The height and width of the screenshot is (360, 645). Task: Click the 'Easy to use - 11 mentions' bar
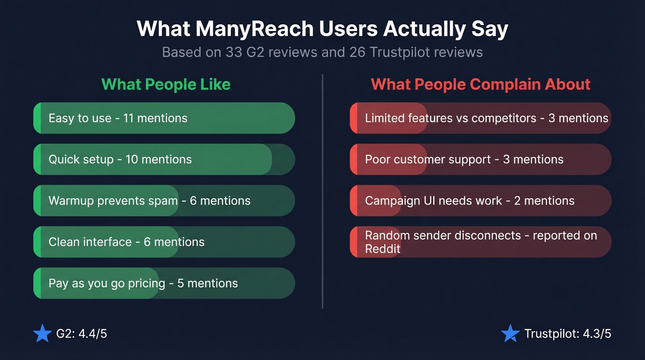pyautogui.click(x=164, y=118)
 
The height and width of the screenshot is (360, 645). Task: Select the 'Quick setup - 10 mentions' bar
pyautogui.click(x=164, y=159)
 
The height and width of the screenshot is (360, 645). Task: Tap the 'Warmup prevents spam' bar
pyautogui.click(x=164, y=201)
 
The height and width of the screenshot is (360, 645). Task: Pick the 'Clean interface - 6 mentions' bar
pyautogui.click(x=164, y=242)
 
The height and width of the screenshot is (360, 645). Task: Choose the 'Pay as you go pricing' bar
pyautogui.click(x=164, y=283)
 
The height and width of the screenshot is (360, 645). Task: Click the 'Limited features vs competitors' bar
pyautogui.click(x=481, y=118)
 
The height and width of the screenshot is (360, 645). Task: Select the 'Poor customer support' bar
pyautogui.click(x=481, y=159)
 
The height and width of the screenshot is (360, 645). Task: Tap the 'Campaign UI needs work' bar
pyautogui.click(x=481, y=201)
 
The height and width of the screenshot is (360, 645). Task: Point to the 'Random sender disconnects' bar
pyautogui.click(x=481, y=242)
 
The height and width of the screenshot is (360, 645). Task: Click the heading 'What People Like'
pyautogui.click(x=166, y=85)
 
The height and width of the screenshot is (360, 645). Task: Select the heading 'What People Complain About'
pyautogui.click(x=481, y=85)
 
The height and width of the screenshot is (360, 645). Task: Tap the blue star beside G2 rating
pyautogui.click(x=42, y=334)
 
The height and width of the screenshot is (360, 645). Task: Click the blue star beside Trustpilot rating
pyautogui.click(x=510, y=334)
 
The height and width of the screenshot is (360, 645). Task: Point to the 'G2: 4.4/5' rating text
pyautogui.click(x=82, y=334)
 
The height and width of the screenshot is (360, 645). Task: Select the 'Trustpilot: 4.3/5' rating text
pyautogui.click(x=568, y=334)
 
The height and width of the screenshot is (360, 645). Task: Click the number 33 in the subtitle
pyautogui.click(x=233, y=52)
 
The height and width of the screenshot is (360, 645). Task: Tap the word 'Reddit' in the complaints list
pyautogui.click(x=382, y=249)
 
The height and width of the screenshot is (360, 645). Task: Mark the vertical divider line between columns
pyautogui.click(x=322, y=191)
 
